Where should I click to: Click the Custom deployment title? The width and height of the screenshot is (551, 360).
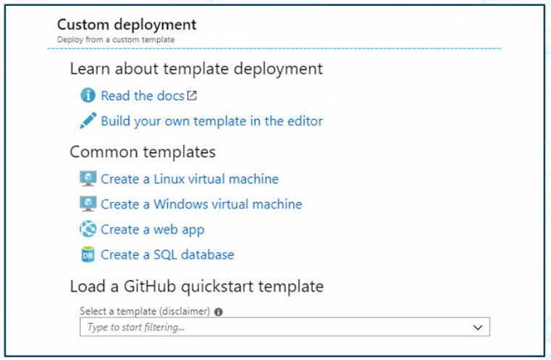[127, 25]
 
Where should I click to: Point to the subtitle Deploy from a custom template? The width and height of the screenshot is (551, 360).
[116, 40]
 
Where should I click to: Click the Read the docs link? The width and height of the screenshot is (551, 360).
[143, 96]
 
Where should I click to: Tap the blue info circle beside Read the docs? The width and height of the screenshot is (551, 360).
[88, 96]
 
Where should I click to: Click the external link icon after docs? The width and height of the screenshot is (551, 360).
[192, 96]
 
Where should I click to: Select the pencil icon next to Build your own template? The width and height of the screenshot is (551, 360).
[88, 120]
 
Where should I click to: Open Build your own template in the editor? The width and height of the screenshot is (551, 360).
[211, 121]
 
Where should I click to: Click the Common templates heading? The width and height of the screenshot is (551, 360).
[143, 152]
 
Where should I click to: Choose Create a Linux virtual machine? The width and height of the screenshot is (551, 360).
[190, 179]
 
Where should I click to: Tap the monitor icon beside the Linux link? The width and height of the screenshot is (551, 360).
[88, 179]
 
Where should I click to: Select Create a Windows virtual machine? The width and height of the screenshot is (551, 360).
[201, 204]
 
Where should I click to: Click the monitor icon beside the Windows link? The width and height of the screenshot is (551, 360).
[88, 204]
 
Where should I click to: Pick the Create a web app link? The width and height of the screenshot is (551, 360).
[153, 230]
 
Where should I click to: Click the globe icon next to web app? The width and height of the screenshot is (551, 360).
[88, 229]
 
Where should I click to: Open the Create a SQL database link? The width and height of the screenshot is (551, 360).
[167, 255]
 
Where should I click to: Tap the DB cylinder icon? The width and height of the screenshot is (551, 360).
[88, 254]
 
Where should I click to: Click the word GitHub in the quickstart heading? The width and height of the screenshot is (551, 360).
[150, 286]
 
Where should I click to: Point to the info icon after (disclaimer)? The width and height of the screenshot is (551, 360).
[219, 312]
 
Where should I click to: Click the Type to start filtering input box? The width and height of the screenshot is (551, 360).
[285, 327]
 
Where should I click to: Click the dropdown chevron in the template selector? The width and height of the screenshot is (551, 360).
[478, 327]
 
